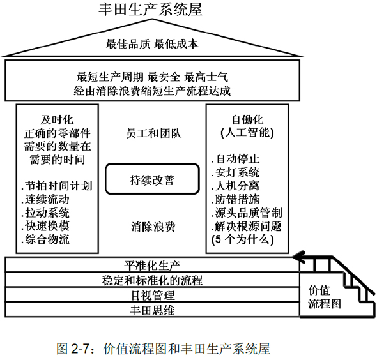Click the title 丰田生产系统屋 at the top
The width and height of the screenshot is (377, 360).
pos(151,10)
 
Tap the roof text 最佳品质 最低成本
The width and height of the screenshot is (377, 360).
pos(152,44)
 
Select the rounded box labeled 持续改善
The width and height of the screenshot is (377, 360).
pos(153,179)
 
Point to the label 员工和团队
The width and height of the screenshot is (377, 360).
pos(153,133)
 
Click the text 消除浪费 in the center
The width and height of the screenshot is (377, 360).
pos(153,227)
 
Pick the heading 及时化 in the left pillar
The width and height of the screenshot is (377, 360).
pos(57,120)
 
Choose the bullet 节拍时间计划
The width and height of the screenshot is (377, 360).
pos(57,186)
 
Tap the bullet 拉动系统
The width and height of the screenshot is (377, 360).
pos(45,213)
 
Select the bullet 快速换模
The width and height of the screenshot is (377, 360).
pos(45,226)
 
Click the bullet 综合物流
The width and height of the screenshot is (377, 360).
pos(45,239)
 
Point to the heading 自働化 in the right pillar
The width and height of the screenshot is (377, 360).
pos(247,119)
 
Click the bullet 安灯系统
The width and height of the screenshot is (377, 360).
pos(236,172)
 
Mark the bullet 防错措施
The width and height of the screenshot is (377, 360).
pos(236,199)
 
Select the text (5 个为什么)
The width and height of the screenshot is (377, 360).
pos(243,239)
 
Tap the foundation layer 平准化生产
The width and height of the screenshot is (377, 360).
pos(152,266)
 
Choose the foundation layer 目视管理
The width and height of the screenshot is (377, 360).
pos(153,295)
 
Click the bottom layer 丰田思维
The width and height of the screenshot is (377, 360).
pos(152,310)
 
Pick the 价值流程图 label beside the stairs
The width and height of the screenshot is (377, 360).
pos(325,297)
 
